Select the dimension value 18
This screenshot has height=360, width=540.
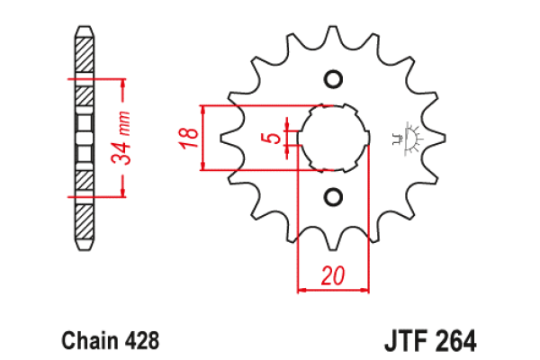[x=187, y=138]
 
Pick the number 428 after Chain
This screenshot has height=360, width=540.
[x=142, y=341]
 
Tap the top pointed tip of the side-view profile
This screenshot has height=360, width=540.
[x=84, y=26]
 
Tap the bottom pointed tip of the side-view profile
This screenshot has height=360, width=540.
[x=84, y=249]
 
